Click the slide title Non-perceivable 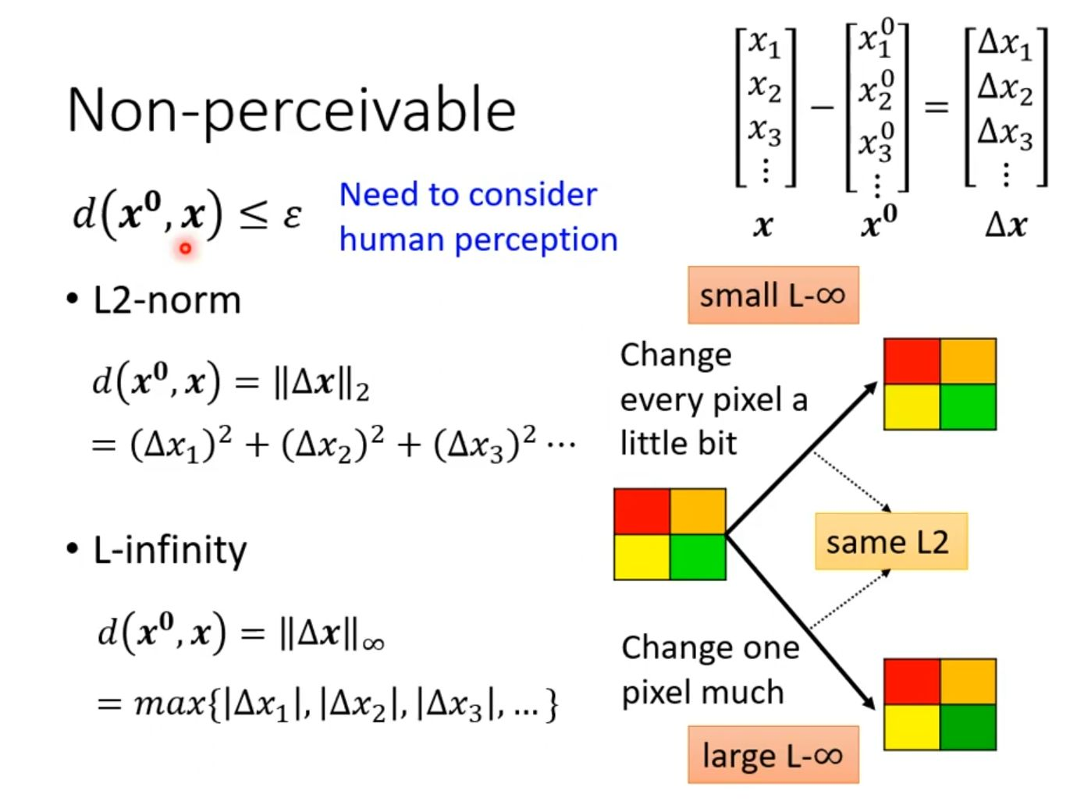click(x=292, y=110)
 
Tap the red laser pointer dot click(x=185, y=249)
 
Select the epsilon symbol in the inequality click(x=292, y=215)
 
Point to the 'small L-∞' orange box click(x=773, y=295)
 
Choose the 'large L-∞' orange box click(x=773, y=755)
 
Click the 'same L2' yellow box click(x=890, y=541)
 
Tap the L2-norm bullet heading click(x=166, y=300)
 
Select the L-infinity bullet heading click(x=169, y=550)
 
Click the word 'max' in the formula click(x=169, y=704)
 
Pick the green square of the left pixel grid click(x=697, y=557)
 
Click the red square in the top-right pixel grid click(x=912, y=361)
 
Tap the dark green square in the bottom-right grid click(x=968, y=727)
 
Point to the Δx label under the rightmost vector click(x=1005, y=226)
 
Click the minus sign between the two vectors click(x=821, y=106)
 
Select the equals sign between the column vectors click(x=936, y=106)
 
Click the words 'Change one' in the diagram click(x=710, y=647)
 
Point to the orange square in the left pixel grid click(x=697, y=512)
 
